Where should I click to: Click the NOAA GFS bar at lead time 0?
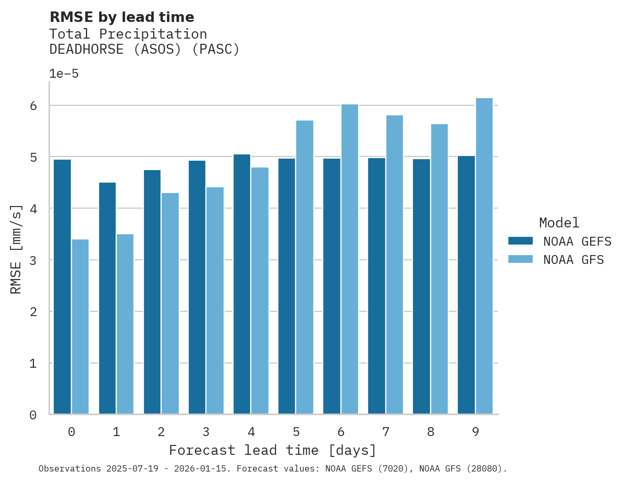(x=80, y=327)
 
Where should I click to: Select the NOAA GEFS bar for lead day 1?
(x=107, y=298)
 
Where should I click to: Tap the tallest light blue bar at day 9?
(x=484, y=256)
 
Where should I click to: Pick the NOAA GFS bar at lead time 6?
(x=349, y=259)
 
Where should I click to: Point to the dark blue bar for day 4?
(x=241, y=284)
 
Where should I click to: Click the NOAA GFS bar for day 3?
(x=215, y=300)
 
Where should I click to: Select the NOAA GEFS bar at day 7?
(x=376, y=286)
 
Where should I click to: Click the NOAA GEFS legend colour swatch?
(x=520, y=241)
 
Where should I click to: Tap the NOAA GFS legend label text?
(x=573, y=260)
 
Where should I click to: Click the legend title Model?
(x=559, y=223)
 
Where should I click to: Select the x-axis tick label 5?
(x=296, y=432)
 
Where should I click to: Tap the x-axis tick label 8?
(x=430, y=432)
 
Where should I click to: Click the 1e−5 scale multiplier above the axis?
(x=64, y=74)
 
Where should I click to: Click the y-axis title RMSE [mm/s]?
(x=17, y=250)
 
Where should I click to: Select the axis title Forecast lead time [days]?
(x=272, y=450)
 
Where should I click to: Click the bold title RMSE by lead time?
(x=121, y=17)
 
